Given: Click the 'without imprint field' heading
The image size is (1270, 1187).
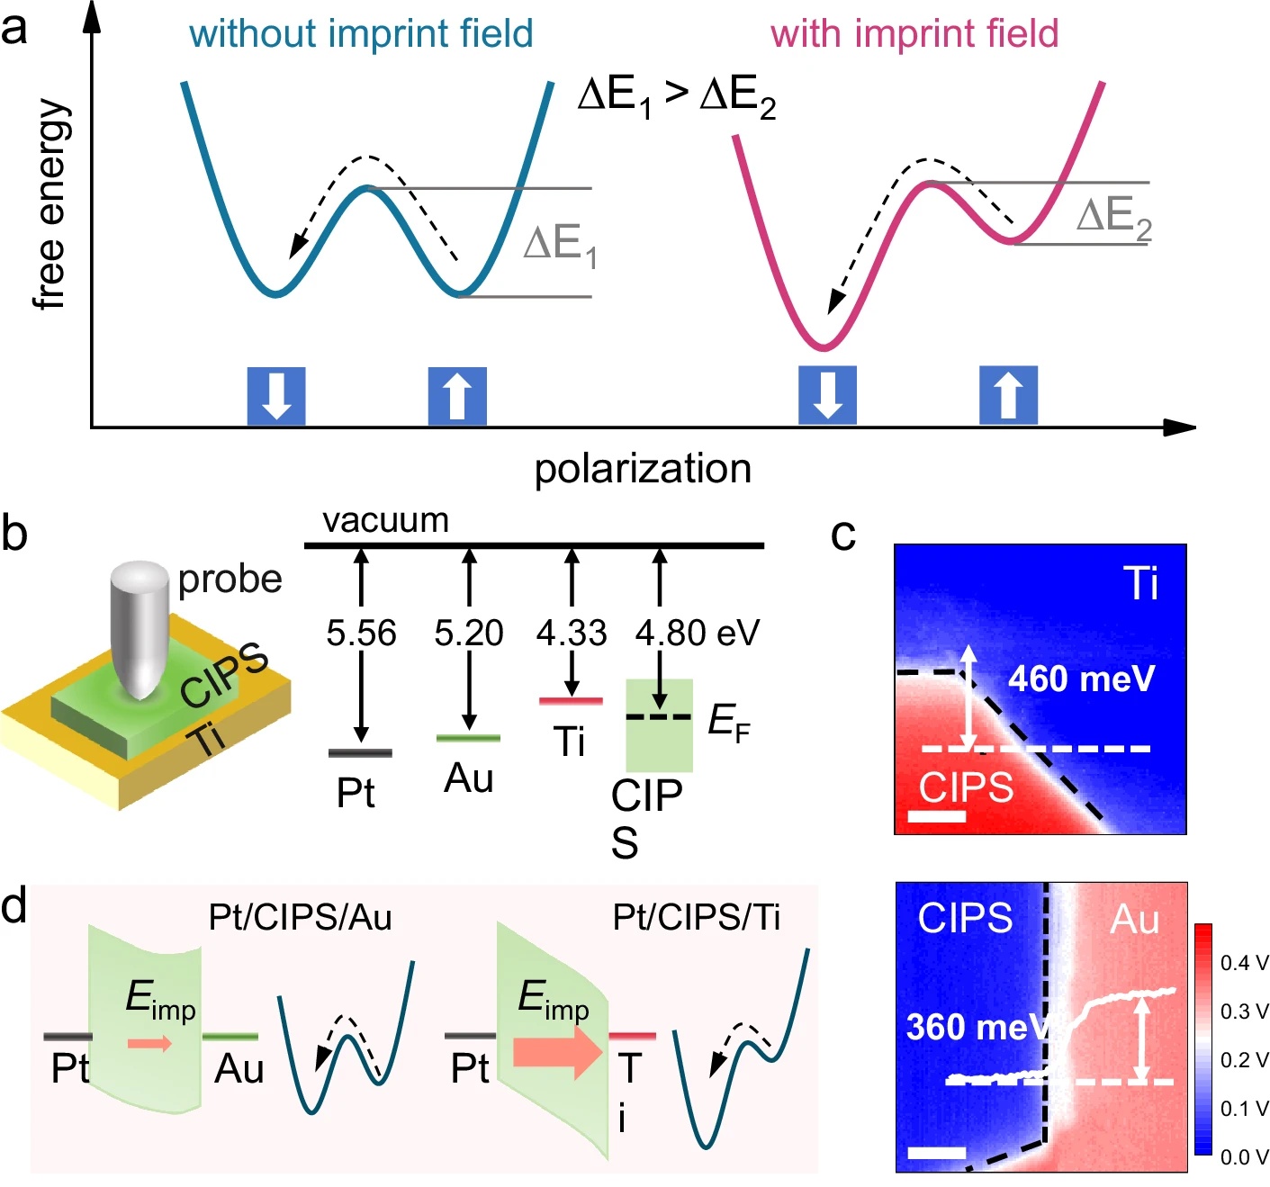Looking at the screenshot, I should [361, 34].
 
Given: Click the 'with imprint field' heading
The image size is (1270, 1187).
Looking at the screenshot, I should [914, 34].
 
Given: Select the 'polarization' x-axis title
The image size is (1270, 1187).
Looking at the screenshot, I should [643, 469].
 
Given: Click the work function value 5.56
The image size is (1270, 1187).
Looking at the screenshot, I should [361, 633].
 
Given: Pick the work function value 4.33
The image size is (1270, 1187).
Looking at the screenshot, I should [571, 633].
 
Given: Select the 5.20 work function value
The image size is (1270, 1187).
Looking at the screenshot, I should [468, 633].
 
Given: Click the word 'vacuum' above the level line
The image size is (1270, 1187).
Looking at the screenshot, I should [385, 520].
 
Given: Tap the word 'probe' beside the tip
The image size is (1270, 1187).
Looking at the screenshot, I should [230, 579].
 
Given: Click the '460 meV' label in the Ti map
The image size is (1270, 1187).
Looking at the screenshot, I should [1080, 679].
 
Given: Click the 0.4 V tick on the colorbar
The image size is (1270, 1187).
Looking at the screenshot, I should [1244, 963].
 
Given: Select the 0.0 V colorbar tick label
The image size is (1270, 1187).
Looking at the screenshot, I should [1244, 1157].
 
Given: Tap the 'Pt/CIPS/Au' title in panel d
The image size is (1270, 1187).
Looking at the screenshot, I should [300, 917].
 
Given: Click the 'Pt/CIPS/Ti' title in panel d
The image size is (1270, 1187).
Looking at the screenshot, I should [696, 917].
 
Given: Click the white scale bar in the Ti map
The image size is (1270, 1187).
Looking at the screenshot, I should [937, 816].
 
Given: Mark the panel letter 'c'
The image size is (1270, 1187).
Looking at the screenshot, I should [843, 534].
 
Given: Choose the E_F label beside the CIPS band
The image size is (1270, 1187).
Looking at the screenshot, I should [728, 722].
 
